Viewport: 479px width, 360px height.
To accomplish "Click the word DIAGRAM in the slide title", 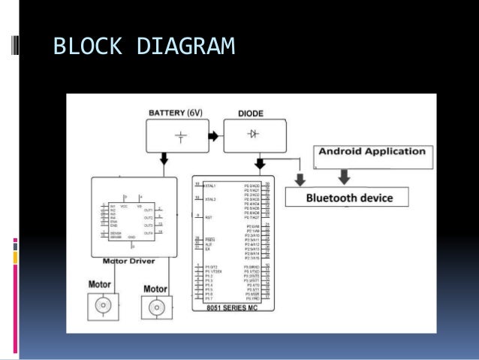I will pos(186,47).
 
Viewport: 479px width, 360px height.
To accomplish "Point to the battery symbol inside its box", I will pos(180,136).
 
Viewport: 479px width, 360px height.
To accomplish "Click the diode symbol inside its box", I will pos(253,134).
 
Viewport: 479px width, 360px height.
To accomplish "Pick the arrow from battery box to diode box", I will pos(213,136).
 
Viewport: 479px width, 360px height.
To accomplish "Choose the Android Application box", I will pos(372,152).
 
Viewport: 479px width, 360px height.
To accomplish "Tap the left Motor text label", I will pos(100,284).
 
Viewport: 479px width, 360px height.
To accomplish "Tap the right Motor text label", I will pos(155,289).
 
